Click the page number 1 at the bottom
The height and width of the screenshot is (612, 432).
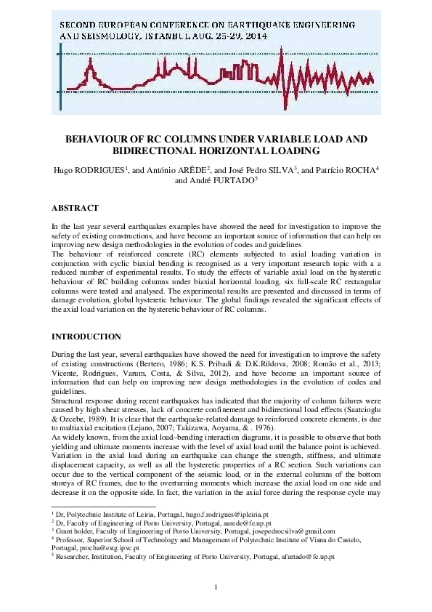point(216,587)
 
